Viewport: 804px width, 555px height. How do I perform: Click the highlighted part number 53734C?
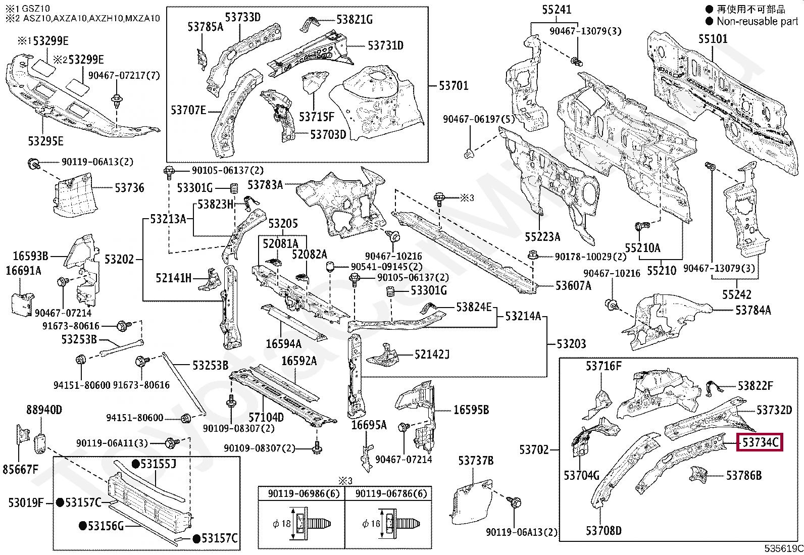pyautogui.click(x=760, y=442)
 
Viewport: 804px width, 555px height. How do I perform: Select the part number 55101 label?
pyautogui.click(x=713, y=38)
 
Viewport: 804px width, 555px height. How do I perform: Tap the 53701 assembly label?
pyautogui.click(x=454, y=85)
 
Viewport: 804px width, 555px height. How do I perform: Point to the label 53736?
pyautogui.click(x=129, y=188)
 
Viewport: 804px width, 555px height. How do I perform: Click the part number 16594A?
pyautogui.click(x=283, y=344)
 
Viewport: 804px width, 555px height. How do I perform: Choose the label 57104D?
pyautogui.click(x=266, y=417)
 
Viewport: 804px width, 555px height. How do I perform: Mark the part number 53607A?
pyautogui.click(x=573, y=286)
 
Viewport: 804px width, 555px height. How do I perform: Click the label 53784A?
pyautogui.click(x=753, y=310)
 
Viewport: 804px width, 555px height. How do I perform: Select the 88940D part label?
pyautogui.click(x=44, y=410)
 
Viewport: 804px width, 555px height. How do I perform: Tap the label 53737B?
pyautogui.click(x=476, y=461)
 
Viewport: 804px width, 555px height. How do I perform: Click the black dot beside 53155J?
pyautogui.click(x=136, y=464)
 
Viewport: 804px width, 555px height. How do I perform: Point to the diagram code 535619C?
pyautogui.click(x=783, y=548)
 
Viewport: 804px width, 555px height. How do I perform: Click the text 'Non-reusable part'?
pyautogui.click(x=757, y=21)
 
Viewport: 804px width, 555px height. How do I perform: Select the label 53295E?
pyautogui.click(x=45, y=141)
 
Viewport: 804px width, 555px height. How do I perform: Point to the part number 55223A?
pyautogui.click(x=542, y=236)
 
